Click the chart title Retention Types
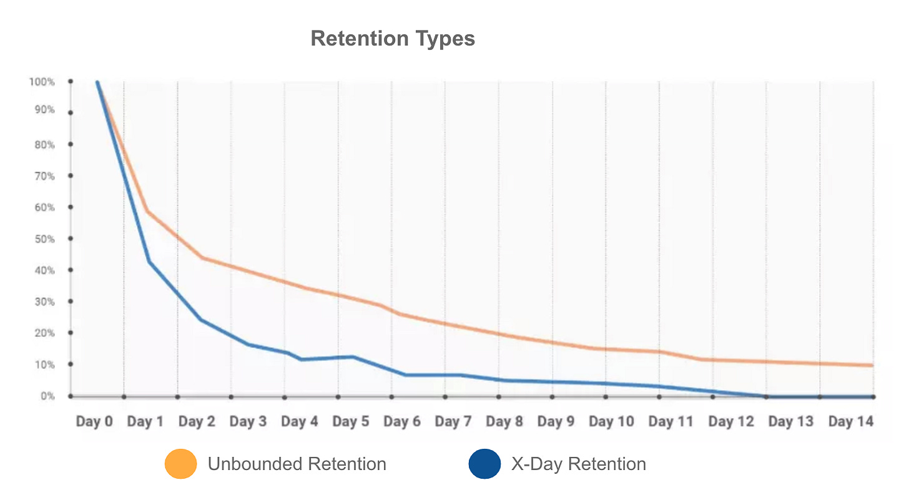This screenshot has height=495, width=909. click(393, 39)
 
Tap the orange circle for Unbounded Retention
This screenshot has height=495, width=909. click(181, 464)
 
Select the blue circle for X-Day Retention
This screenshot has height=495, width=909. click(484, 464)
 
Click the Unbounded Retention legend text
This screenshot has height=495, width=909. click(297, 464)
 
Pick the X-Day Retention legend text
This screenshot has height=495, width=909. click(578, 464)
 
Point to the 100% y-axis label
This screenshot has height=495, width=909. click(42, 82)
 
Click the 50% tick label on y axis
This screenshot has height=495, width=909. click(44, 239)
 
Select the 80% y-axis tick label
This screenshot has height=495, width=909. click(44, 145)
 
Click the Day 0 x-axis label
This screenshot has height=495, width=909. click(94, 422)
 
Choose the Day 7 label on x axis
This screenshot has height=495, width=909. click(453, 422)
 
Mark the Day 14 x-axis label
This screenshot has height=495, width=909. click(850, 422)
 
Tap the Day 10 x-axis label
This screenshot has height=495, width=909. click(611, 422)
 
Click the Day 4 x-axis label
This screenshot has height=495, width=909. click(299, 422)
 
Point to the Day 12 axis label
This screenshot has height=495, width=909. click(731, 422)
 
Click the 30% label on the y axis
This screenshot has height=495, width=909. click(44, 302)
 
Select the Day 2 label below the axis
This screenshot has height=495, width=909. click(197, 422)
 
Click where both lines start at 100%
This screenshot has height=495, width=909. click(97, 82)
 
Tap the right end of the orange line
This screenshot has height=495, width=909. click(872, 365)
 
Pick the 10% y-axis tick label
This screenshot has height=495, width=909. click(44, 365)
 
